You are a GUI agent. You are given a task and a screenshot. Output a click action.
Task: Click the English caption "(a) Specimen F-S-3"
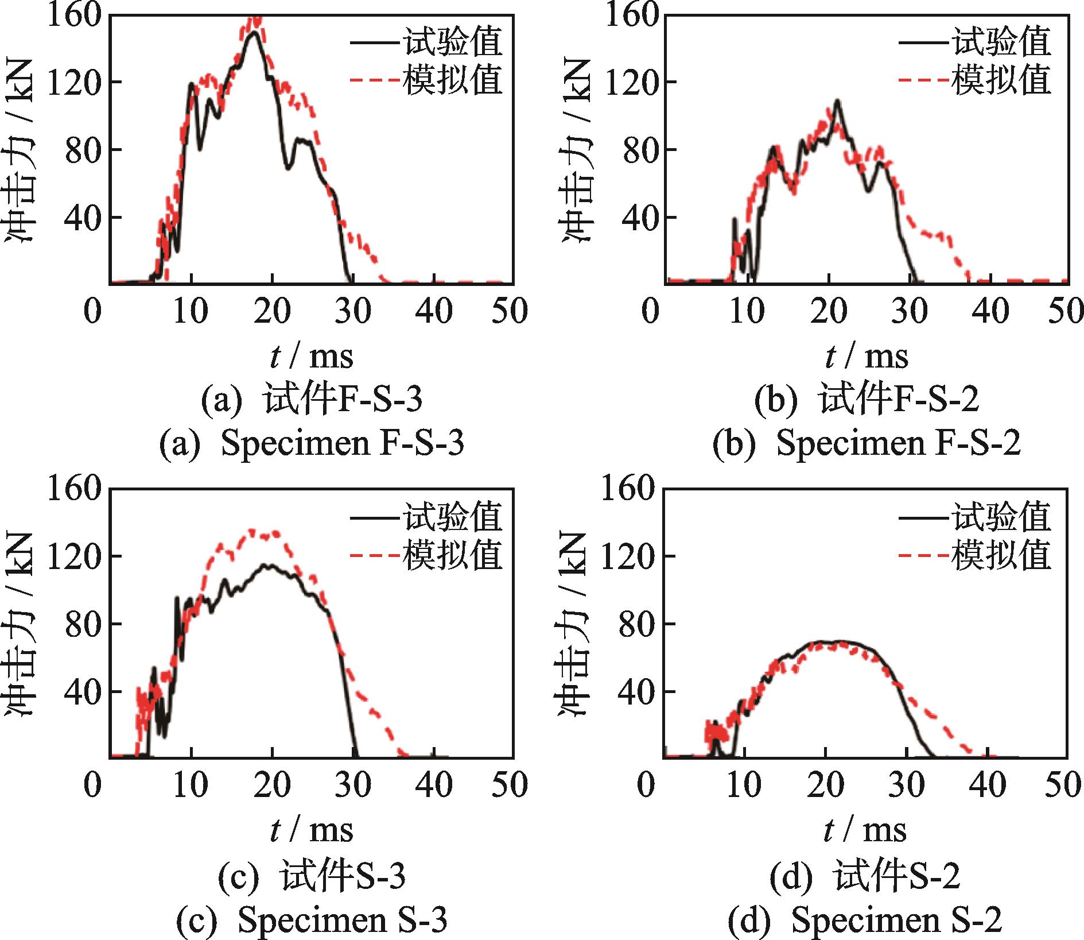(311, 443)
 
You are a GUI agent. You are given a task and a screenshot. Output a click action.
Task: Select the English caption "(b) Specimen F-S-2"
(867, 443)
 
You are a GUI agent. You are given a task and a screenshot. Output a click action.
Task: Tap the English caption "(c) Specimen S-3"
(311, 919)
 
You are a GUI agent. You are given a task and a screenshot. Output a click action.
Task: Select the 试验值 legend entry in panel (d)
(975, 517)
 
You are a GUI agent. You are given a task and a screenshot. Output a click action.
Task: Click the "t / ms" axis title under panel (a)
(312, 356)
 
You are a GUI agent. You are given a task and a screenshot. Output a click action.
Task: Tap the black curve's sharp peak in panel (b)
(838, 101)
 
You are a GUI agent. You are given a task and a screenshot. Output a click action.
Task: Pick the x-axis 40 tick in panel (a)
(434, 311)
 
